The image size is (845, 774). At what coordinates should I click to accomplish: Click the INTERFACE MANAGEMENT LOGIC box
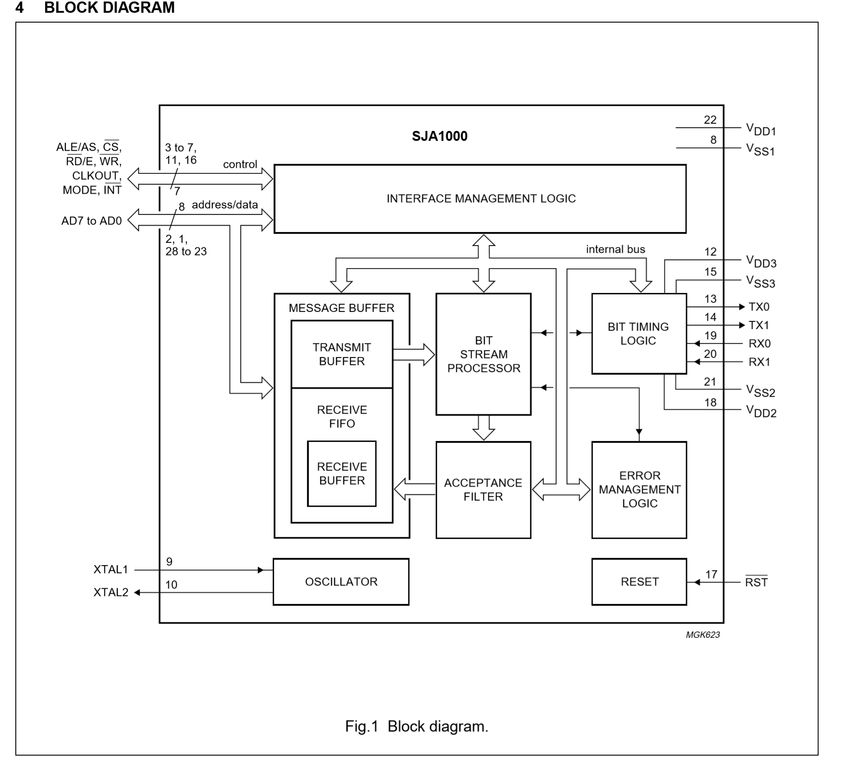point(480,199)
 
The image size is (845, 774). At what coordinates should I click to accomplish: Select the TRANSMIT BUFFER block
point(342,354)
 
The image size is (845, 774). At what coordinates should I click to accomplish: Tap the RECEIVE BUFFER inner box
point(342,473)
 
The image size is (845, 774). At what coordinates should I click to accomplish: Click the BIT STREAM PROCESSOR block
point(483,354)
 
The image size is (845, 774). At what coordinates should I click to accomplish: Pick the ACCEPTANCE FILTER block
point(483,490)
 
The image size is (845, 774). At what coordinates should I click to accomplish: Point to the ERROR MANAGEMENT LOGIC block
point(639,490)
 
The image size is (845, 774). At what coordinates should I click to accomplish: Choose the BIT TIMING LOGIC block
point(639,334)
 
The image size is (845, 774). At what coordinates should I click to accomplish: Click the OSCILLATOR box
point(341,582)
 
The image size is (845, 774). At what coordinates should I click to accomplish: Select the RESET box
point(639,582)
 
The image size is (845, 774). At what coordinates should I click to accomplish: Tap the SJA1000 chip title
point(439,136)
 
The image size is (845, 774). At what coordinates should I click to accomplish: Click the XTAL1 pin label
point(111,570)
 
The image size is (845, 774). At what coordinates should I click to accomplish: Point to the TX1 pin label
point(759,325)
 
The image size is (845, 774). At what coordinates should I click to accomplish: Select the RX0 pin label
point(759,343)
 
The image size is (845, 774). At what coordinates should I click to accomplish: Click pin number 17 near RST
point(711,574)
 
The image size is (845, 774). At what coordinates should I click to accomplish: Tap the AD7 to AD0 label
point(92,221)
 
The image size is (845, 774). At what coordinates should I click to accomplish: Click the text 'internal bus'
point(615,249)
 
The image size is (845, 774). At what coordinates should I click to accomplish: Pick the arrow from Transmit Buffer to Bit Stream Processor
point(414,354)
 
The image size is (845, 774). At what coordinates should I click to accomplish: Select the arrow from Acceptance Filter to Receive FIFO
point(415,490)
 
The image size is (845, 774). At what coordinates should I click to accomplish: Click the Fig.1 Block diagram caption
point(416,726)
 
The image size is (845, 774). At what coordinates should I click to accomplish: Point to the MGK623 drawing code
point(702,635)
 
